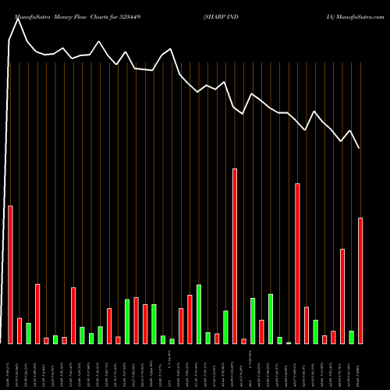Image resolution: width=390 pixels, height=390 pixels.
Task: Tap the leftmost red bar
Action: point(10,274)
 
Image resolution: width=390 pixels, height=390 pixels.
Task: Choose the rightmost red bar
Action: point(360,280)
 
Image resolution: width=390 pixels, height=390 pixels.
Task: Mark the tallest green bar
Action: point(199,314)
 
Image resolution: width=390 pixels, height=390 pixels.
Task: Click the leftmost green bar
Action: point(28,333)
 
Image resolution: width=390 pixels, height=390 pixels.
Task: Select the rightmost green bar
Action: point(351,337)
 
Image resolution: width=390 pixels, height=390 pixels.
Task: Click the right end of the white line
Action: point(360,148)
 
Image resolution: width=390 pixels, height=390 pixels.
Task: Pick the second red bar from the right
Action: point(342,296)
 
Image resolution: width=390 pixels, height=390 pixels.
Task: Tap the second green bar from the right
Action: point(315,331)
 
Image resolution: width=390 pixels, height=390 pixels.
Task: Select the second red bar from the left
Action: point(19,331)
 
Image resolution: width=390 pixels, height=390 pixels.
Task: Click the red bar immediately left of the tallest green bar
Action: point(190,319)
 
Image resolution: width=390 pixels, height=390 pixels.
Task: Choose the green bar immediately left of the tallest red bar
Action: point(225,327)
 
